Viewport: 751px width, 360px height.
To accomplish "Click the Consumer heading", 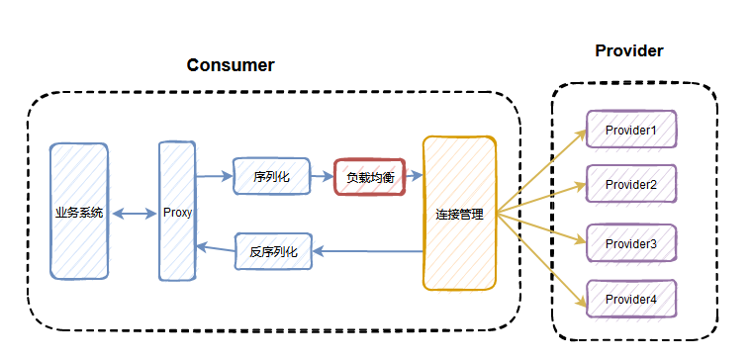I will pos(231,65).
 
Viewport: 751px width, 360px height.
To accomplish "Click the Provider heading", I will pos(628,50).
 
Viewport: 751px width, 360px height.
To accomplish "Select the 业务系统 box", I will pos(79,213).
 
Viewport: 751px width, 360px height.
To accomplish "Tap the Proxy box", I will pos(177,213).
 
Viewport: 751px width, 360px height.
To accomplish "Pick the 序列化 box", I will pos(270,177).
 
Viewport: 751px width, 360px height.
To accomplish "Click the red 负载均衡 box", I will pos(369,178).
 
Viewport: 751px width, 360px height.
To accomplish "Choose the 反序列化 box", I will pos(273,251).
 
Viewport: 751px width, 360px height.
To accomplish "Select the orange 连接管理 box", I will pos(459,213).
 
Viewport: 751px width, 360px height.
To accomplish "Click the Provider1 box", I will pos(631,130).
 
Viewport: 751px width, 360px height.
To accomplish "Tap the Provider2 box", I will pos(631,184).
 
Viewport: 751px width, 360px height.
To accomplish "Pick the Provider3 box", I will pos(631,243).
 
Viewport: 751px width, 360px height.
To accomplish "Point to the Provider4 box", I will pos(631,298).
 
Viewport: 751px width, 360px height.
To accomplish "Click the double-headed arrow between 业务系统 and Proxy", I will pos(134,213).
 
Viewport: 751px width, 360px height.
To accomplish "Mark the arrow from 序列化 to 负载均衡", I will pos(321,177).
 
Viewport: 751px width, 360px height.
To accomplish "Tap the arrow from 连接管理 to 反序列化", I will pos(368,251).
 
